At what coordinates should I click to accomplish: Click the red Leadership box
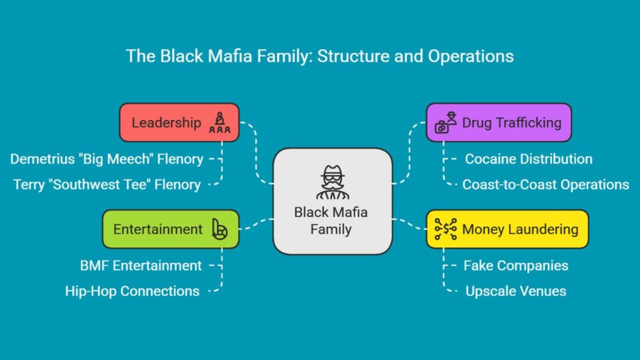coord(179,122)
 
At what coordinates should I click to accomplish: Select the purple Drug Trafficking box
coord(499,122)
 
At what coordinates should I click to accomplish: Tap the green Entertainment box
coord(171,229)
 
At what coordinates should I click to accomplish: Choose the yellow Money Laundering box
coord(507,229)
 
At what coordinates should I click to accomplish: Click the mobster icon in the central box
coord(332,182)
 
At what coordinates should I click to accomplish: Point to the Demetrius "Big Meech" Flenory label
coord(106,159)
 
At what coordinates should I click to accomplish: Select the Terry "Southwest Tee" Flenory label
coord(107,184)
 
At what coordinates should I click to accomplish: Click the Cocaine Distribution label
coord(529,159)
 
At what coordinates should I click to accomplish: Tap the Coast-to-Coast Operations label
coord(546,184)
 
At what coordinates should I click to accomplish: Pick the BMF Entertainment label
coord(141,266)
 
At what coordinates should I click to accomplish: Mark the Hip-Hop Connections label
coord(132,291)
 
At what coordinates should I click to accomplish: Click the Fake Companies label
coord(516,266)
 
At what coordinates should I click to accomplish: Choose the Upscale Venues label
coord(516,291)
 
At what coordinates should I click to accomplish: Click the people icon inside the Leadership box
coord(220,123)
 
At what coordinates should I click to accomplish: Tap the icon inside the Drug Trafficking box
coord(446,122)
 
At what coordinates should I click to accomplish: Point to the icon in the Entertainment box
coord(219,229)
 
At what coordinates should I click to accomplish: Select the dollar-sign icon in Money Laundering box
coord(446,229)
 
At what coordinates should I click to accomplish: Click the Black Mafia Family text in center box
coord(331,221)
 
